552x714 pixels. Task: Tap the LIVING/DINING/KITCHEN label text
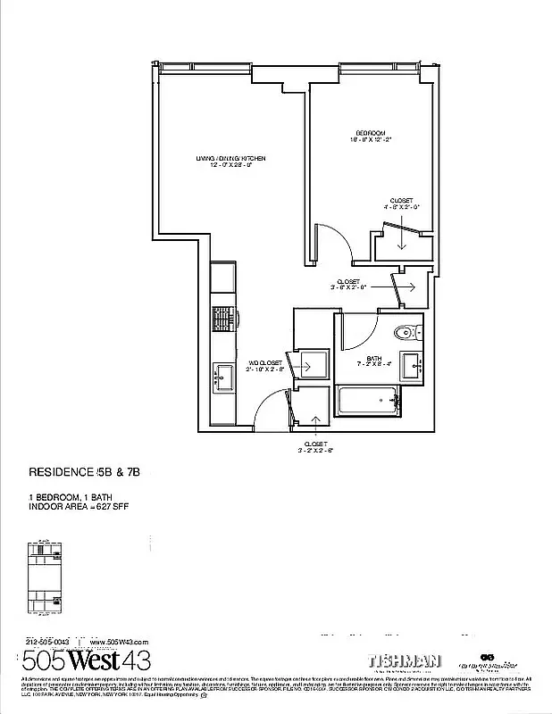[231, 158]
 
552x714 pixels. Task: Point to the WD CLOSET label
[265, 363]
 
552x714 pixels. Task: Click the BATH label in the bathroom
[373, 358]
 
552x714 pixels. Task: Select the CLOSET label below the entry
[315, 444]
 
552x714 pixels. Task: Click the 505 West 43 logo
[86, 661]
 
